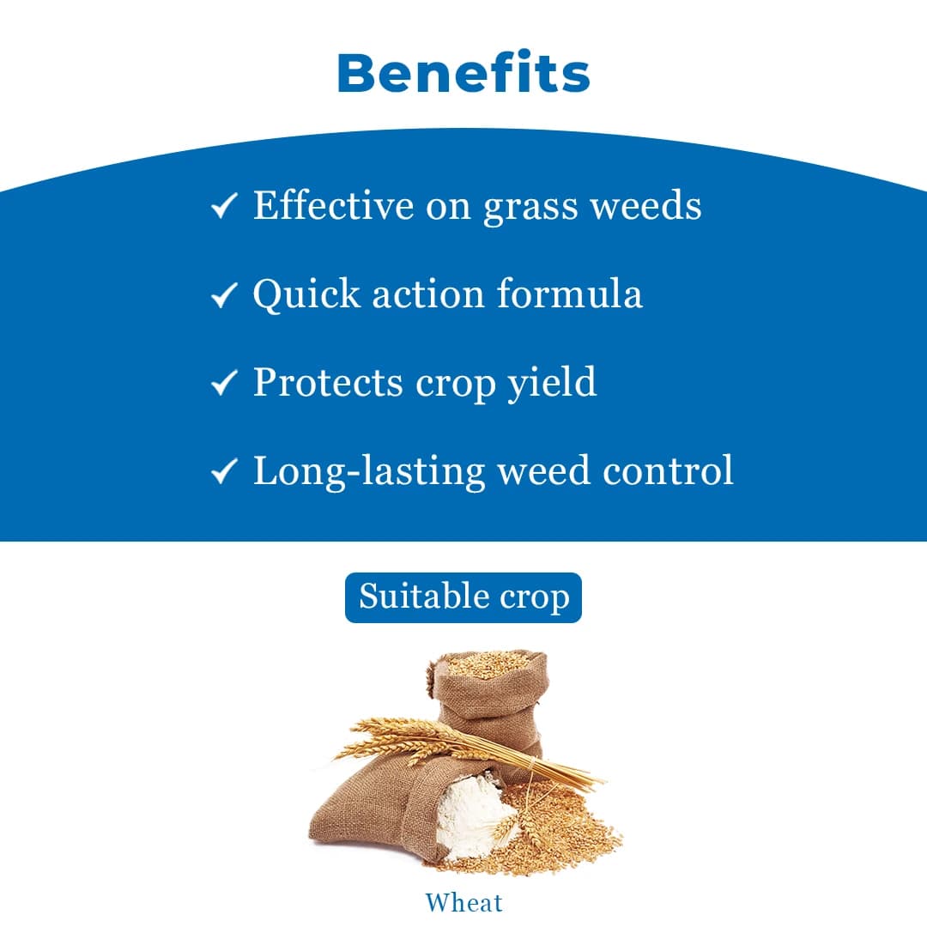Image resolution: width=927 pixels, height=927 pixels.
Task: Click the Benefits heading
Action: [x=463, y=74]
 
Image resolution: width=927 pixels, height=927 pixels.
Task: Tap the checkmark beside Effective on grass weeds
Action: [x=224, y=206]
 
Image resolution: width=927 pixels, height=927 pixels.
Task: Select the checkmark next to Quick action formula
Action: [x=224, y=295]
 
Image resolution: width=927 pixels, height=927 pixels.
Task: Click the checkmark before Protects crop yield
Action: [x=224, y=383]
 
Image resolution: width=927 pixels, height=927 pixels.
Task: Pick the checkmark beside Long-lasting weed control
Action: [x=224, y=471]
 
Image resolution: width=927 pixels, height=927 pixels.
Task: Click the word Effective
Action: [x=333, y=206]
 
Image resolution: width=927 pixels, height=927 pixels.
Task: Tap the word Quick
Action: [x=306, y=294]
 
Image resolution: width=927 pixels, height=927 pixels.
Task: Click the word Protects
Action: [x=327, y=382]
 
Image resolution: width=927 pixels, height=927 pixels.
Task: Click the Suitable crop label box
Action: [x=463, y=597]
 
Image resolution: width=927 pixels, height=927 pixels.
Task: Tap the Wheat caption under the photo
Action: [x=463, y=902]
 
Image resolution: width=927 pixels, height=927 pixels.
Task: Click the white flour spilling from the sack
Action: [x=468, y=815]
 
